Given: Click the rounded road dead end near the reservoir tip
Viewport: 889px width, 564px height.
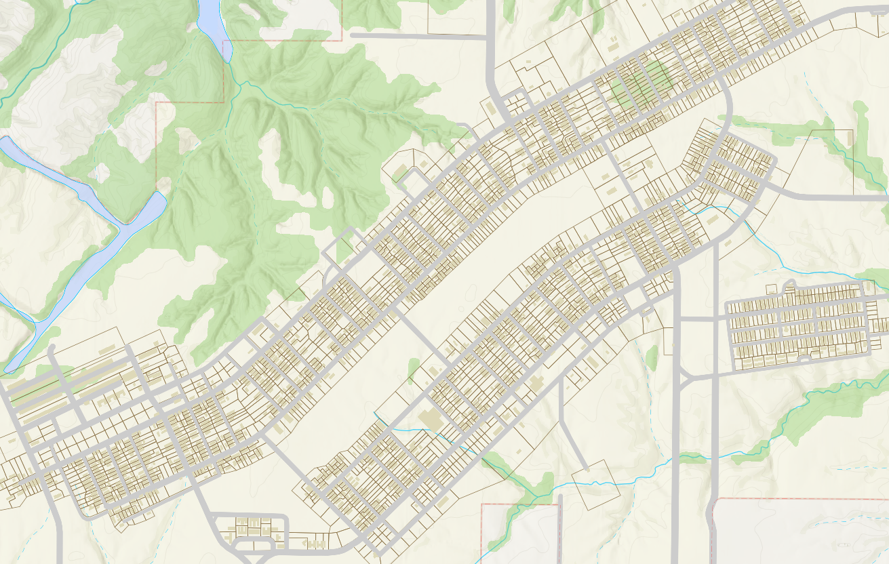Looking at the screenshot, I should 52,349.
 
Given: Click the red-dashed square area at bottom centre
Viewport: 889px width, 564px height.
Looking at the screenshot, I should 520,532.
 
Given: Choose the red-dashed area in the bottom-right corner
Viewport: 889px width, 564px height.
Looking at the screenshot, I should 800,532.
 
